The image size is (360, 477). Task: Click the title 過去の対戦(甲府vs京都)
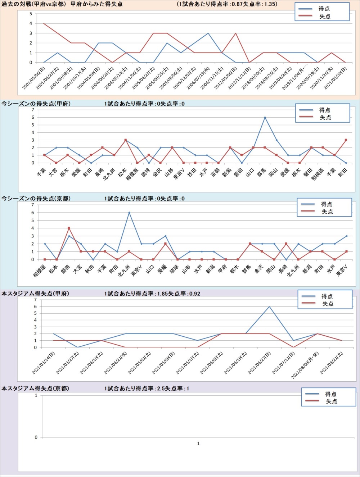coord(34,4)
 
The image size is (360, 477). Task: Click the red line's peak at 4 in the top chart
coord(44,24)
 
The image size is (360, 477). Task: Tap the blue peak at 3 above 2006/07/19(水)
coord(208,33)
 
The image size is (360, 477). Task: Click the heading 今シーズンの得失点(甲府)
coord(36,104)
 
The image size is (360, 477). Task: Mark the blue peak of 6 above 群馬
coord(265,117)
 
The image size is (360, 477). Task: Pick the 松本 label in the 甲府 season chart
coord(122,172)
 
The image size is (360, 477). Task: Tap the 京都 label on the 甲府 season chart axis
coord(215,172)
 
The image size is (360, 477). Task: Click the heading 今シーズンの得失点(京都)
coord(36,199)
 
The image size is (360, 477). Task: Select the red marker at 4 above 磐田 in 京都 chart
coord(69,228)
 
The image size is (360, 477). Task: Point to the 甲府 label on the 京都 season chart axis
coord(222,268)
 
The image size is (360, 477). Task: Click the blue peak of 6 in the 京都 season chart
coord(129,213)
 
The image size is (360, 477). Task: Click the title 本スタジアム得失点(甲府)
coord(35,294)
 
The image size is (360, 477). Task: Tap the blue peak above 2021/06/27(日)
coord(269,307)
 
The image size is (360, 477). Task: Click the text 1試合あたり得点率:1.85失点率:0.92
coord(152,294)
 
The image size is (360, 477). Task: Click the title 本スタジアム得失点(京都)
coord(35,389)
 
